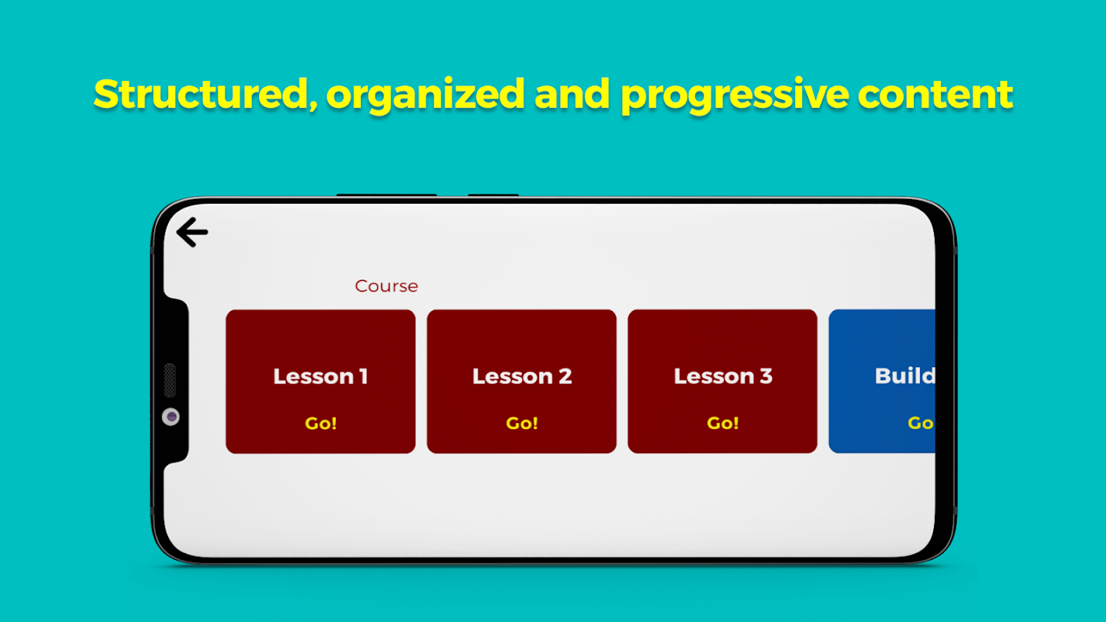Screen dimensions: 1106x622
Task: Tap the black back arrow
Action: point(192,232)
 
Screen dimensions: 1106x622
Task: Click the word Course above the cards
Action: point(386,286)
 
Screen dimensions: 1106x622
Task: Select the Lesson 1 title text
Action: point(320,376)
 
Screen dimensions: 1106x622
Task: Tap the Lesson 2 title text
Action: point(522,376)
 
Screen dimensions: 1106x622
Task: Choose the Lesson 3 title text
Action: point(723,376)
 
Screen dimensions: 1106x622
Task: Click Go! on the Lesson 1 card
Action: point(320,423)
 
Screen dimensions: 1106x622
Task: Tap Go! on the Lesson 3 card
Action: point(723,423)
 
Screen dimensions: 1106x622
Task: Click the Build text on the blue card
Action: point(905,376)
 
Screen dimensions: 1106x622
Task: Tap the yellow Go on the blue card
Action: point(921,423)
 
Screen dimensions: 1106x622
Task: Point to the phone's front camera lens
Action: point(171,418)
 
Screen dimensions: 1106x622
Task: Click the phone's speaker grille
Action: point(170,380)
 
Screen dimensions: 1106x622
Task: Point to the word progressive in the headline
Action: point(735,96)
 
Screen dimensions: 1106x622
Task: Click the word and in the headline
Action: point(572,94)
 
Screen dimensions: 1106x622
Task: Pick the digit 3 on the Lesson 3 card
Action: point(766,376)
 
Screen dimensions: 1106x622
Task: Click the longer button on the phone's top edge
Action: point(387,195)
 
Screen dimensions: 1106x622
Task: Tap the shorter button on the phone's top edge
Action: point(493,195)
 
